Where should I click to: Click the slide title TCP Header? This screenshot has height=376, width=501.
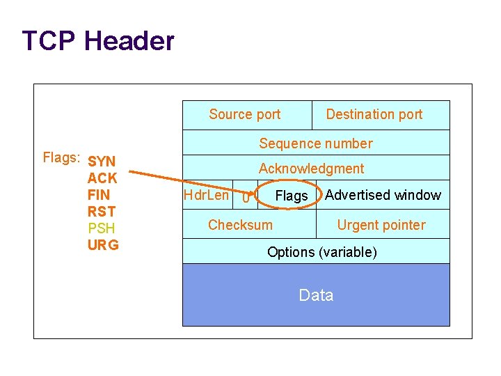tap(98, 41)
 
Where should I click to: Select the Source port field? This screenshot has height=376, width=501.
tap(245, 115)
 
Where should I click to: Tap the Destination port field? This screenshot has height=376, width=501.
tap(374, 115)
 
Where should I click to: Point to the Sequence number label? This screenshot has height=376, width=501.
tap(316, 144)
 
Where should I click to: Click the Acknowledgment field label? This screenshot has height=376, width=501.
tap(311, 169)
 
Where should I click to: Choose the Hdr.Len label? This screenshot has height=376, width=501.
tap(205, 195)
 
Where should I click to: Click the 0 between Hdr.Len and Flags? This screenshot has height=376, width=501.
tap(245, 198)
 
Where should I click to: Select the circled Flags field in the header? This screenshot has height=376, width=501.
tap(291, 196)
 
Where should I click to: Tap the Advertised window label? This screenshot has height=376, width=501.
tap(383, 195)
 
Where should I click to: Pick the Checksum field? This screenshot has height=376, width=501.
tap(240, 225)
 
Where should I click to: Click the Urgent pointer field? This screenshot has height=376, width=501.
tap(381, 225)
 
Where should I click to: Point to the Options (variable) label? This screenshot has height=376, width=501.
tap(322, 252)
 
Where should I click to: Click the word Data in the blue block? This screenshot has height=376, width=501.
tap(316, 295)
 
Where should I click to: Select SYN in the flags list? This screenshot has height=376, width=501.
tap(102, 162)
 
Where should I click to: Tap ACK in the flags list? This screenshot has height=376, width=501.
tap(102, 178)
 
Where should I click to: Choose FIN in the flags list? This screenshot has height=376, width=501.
tap(99, 195)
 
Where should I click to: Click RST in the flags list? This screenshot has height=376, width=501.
tap(102, 212)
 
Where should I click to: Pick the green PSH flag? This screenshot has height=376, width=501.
tap(102, 228)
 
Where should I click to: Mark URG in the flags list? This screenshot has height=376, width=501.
tap(103, 245)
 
